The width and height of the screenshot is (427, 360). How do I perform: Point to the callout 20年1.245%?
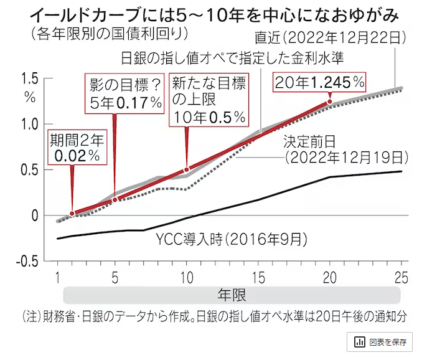coord(321,82)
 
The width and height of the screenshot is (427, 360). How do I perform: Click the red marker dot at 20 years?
coord(330,102)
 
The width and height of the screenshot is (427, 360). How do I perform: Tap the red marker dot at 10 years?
coord(187,169)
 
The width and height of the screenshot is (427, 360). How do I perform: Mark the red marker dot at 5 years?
coord(115,199)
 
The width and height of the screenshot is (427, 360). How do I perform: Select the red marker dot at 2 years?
coord(72,214)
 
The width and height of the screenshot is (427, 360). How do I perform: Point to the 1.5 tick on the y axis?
coord(29,78)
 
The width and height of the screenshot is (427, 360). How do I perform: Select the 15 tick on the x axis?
coord(258,276)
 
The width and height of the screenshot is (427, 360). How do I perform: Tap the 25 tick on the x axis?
coord(401,276)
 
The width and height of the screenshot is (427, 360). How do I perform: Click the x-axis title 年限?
coord(231,293)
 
